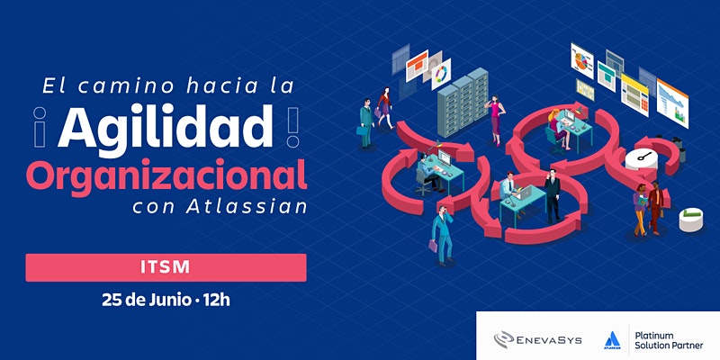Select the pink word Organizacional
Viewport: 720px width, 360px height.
[166, 176]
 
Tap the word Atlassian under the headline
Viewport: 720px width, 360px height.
[246, 207]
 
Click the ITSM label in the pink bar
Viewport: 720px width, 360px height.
[166, 267]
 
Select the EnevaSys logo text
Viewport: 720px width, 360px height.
[548, 340]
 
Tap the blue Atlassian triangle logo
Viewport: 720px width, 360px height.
[612, 339]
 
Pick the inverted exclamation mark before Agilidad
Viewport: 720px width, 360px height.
[40, 127]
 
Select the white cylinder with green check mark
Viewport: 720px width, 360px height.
[691, 220]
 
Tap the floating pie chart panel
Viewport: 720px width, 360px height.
[581, 60]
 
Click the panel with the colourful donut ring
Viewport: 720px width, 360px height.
[441, 74]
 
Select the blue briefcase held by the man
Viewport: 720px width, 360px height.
[362, 130]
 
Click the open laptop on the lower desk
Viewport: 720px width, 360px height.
[523, 193]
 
